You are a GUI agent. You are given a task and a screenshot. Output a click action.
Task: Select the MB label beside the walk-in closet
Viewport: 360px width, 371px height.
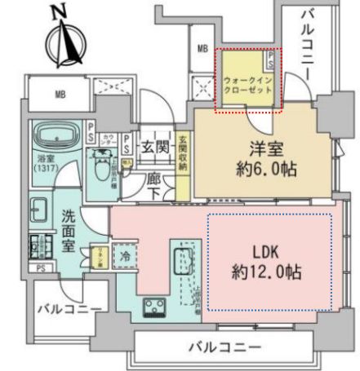click(x=202, y=49)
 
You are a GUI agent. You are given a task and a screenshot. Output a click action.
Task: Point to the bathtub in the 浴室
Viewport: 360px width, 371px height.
click(x=56, y=134)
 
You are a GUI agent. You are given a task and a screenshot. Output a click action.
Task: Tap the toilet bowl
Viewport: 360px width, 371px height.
click(x=102, y=169)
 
